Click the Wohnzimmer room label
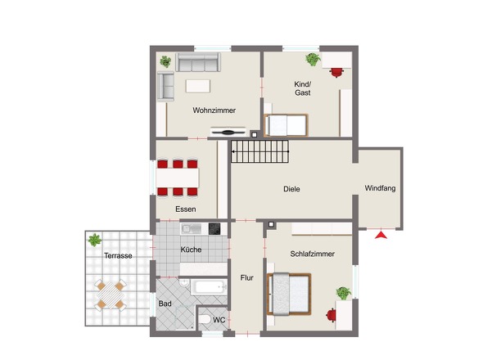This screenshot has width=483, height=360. pos(214,110)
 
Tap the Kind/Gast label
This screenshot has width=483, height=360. pos(303,88)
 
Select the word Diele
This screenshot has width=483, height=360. pos(291,189)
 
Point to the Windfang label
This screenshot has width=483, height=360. pos(380,188)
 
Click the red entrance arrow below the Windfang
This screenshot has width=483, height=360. pos(381,235)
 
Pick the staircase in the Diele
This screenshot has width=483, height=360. pos(260,151)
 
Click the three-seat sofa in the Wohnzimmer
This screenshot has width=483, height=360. pos(198,62)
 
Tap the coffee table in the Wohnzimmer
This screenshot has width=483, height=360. pos(198,86)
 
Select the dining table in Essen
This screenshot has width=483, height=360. pos(178,178)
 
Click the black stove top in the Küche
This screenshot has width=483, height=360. pos(214,229)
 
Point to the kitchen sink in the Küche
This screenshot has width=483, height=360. pos(192,229)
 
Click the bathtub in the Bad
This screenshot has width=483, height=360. pos(209,287)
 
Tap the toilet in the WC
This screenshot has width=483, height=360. pos(204,319)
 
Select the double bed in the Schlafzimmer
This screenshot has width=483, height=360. pos(289,294)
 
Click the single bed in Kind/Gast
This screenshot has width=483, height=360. pos(287,125)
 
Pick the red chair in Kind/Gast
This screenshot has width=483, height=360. pos(336,72)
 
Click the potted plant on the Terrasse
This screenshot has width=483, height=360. pos(95,240)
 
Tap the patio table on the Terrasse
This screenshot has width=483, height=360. pos(111,295)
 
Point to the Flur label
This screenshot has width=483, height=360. pos(246,278)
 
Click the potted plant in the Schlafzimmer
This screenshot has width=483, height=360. pos(344,293)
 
